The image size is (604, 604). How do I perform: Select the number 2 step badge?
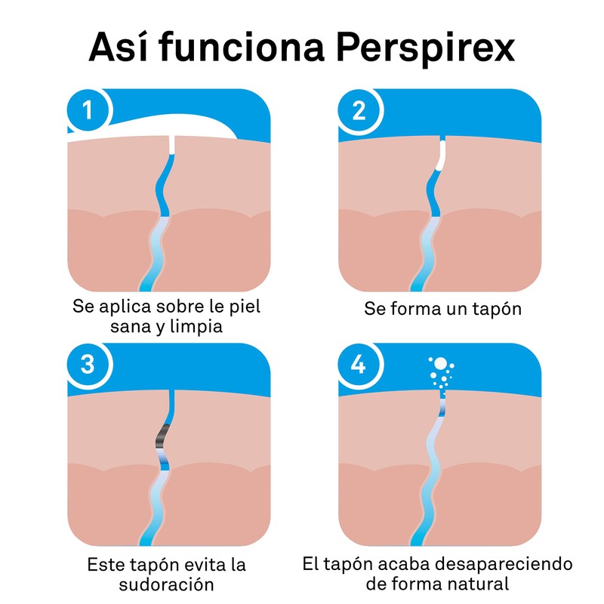(x=359, y=111)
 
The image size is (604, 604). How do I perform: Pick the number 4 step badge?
(x=359, y=365)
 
